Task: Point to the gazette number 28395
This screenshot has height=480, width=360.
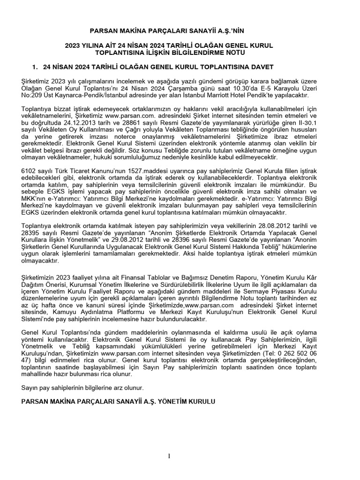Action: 31,233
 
